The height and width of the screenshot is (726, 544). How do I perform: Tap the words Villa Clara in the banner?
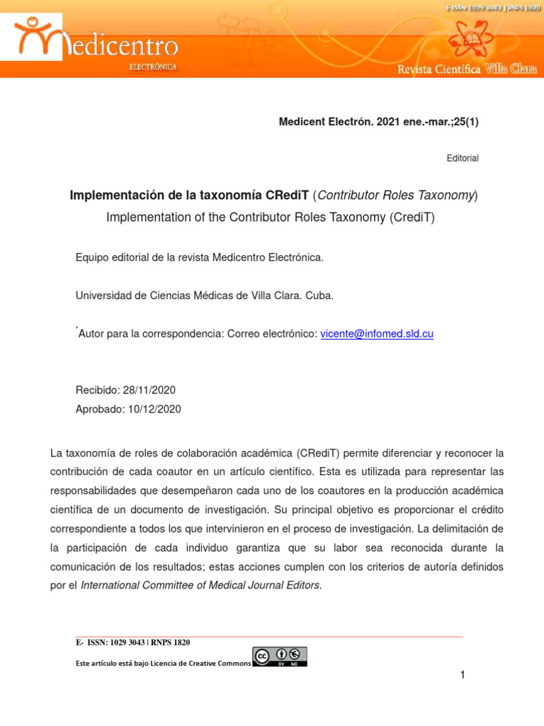coord(511,69)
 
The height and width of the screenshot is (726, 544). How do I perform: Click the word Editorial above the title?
coord(463,158)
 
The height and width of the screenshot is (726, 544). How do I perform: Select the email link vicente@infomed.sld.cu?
coord(377,333)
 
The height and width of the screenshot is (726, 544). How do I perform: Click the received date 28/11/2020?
coord(149,390)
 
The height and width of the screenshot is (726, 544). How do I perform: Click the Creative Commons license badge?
coord(280,657)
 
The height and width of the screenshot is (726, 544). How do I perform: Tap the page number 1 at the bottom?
coord(463,675)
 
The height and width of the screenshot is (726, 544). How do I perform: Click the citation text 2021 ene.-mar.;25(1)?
coord(428,122)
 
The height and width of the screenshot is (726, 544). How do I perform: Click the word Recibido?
coord(97,390)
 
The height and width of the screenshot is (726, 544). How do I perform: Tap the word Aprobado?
coord(98,409)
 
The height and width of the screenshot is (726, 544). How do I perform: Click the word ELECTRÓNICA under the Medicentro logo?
coord(153,67)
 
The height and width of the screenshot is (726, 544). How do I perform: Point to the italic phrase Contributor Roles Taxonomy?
coord(396,195)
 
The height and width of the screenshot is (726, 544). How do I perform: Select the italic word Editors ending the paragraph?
coord(303,585)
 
